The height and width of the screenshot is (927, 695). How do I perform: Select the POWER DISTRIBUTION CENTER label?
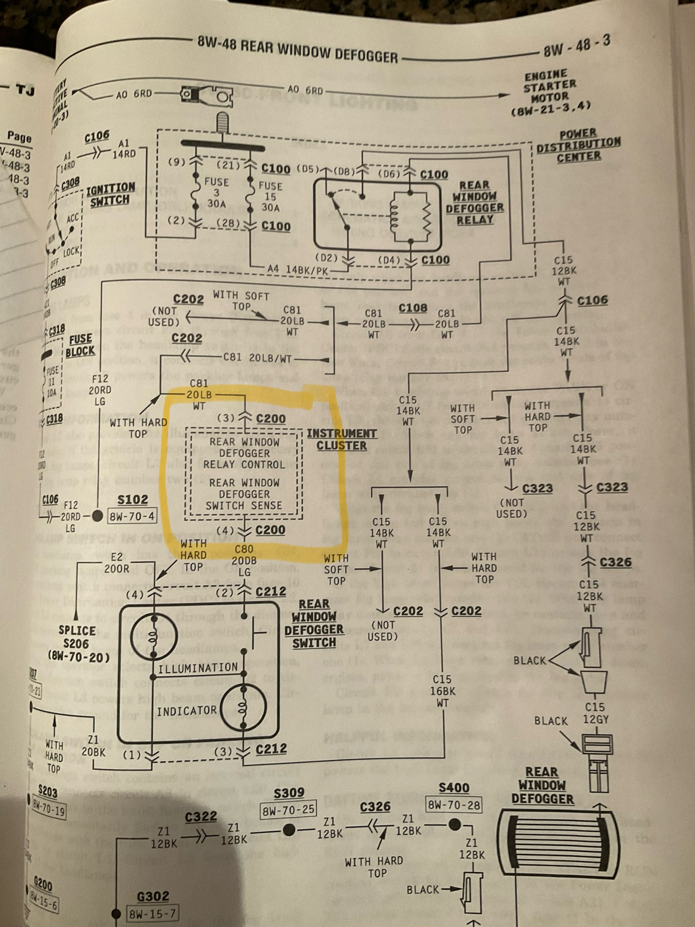579,146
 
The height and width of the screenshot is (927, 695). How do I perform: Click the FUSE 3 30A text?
216,193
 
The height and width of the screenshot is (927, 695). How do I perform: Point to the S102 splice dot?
97,516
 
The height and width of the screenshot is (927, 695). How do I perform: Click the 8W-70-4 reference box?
132,516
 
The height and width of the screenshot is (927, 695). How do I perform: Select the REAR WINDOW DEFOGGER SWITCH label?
314,624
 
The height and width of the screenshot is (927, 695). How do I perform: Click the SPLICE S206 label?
78,643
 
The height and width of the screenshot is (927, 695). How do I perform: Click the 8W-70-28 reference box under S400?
453,805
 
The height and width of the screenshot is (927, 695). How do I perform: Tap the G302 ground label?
153,896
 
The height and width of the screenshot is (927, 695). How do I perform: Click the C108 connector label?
413,308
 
